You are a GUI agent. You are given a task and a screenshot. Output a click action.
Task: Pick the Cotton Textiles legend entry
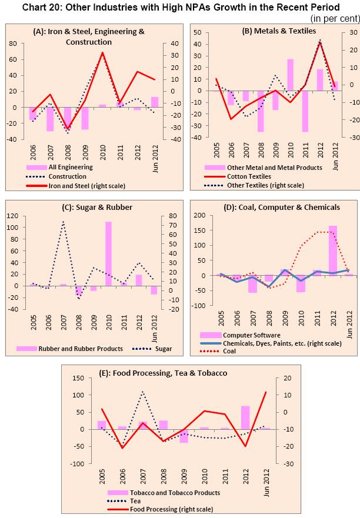click(251, 176)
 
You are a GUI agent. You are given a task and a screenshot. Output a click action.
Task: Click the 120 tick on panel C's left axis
click(11, 216)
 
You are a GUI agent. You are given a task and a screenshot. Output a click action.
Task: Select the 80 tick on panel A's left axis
click(12, 44)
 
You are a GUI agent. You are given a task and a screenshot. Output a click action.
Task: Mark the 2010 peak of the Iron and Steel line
click(102, 53)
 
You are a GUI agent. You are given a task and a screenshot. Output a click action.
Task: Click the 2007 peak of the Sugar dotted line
click(63, 222)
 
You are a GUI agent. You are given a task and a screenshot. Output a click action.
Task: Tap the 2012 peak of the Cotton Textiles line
click(320, 42)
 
